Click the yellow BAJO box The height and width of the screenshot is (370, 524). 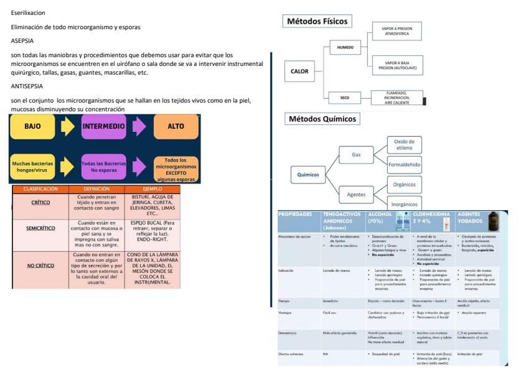(32, 126)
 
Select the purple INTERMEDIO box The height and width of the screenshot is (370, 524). (104, 126)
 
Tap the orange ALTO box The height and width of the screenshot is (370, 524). (176, 126)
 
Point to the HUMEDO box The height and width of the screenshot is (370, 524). (344, 47)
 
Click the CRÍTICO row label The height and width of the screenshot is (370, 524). (41, 202)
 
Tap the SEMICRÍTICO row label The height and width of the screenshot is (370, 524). (41, 228)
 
